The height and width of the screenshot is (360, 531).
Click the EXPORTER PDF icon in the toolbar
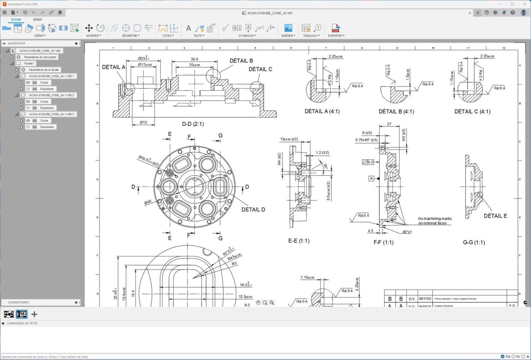point(336,28)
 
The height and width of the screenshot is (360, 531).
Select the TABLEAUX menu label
point(311,36)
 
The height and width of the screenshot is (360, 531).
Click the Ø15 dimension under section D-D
point(143,122)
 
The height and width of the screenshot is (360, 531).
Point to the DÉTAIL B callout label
point(241,61)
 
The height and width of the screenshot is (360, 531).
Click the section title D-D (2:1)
point(193,124)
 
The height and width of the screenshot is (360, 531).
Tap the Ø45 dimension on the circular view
point(148,202)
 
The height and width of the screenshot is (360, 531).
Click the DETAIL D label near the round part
point(253,210)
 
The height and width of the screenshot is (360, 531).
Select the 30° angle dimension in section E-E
point(325,166)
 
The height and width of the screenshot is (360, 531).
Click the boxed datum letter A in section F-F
point(371,178)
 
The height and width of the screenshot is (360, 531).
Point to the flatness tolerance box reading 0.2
point(368,162)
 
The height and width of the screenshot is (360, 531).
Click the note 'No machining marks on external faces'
point(435,221)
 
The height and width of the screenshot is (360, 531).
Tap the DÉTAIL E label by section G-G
point(495,216)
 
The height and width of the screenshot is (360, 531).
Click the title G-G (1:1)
point(474,242)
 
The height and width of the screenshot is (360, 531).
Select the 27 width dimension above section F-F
point(389,124)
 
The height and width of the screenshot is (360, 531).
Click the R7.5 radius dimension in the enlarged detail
point(228,251)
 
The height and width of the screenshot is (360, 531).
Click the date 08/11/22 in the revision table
point(425,298)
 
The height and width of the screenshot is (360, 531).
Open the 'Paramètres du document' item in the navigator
point(40,57)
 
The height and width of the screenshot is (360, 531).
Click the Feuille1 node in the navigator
point(29,63)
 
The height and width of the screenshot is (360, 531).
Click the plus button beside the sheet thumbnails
point(34,314)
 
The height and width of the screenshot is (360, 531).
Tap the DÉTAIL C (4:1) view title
point(472,111)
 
